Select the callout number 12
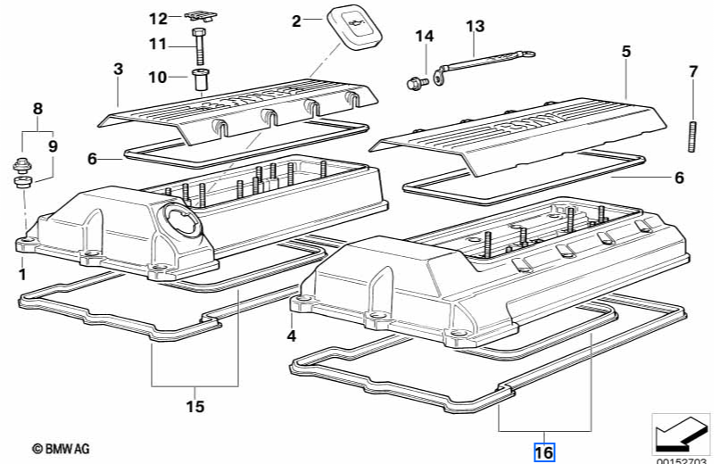tap(158, 19)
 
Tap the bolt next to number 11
tap(197, 45)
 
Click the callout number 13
tap(474, 26)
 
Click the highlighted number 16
tap(544, 452)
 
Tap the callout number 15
tap(194, 407)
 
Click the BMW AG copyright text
tap(61, 449)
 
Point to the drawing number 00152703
tap(682, 460)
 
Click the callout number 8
tap(37, 109)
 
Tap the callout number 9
tap(52, 145)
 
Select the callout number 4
tap(291, 336)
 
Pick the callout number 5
tap(626, 52)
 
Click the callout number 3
tap(118, 68)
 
